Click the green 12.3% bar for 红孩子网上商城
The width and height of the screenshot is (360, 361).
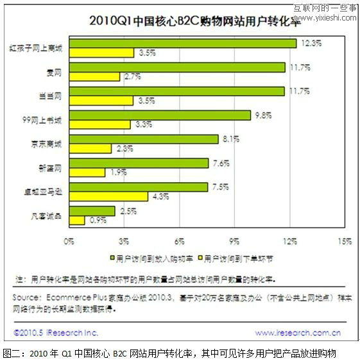click(x=182, y=43)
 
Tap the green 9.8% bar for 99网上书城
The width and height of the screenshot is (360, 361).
click(x=159, y=115)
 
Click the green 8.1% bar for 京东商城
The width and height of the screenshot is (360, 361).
click(x=143, y=139)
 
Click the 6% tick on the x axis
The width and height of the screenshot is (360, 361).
click(x=179, y=241)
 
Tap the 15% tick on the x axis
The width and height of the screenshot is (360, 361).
click(x=344, y=241)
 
